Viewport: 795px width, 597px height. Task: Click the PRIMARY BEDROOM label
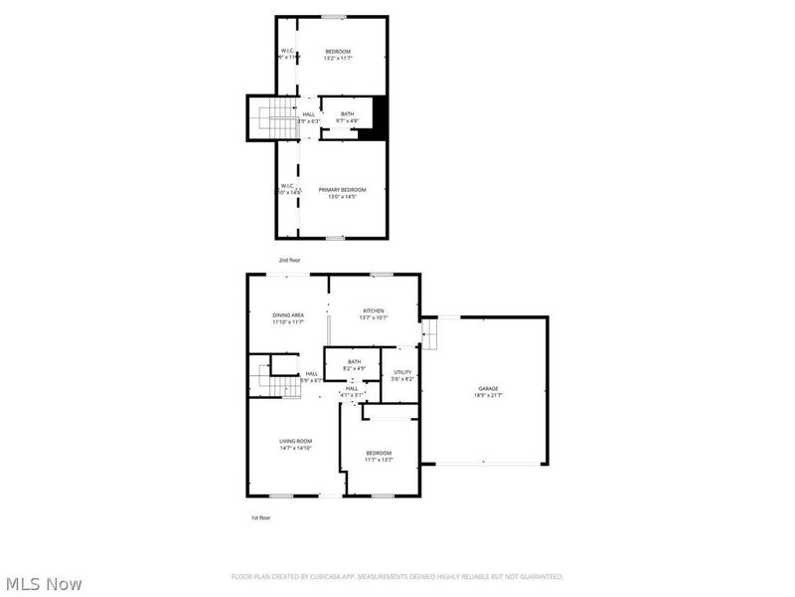342,189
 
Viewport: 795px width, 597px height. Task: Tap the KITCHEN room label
373,310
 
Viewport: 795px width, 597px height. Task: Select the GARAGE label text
488,388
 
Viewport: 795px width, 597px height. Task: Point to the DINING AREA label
288,314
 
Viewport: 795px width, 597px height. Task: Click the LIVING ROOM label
296,441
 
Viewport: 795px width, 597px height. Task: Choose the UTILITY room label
402,372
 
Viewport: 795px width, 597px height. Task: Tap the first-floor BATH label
355,361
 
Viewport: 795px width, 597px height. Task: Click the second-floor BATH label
347,113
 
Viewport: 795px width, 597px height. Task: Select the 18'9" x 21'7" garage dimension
488,396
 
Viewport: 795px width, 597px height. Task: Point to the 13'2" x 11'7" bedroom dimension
338,59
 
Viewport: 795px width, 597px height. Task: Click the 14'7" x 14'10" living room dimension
296,449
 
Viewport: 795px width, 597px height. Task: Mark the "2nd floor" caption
289,260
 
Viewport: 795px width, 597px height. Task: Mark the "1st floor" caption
260,518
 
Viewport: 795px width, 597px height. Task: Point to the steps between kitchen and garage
429,333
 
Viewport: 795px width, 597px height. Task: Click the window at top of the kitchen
380,274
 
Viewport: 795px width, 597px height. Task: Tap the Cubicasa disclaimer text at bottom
397,576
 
